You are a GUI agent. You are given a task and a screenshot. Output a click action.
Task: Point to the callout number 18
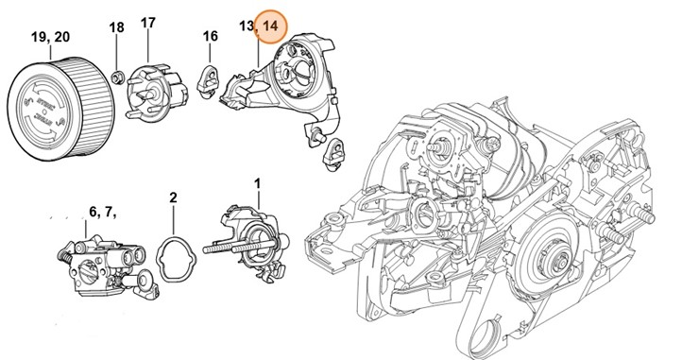[116, 27]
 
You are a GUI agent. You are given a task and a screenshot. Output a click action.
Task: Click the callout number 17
[148, 22]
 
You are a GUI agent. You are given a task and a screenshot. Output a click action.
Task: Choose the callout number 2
[173, 197]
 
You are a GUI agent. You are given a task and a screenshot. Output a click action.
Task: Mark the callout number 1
[258, 180]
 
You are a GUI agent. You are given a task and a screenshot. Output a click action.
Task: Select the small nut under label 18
[117, 75]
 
